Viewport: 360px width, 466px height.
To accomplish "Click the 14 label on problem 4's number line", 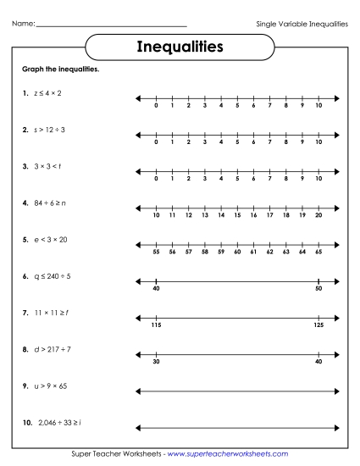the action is pyautogui.click(x=221, y=216).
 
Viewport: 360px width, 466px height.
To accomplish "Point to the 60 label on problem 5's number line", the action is pyautogui.click(x=237, y=252).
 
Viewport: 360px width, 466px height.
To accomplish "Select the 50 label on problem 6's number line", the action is pyautogui.click(x=318, y=290).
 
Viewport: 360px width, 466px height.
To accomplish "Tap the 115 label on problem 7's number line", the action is pyautogui.click(x=157, y=326).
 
